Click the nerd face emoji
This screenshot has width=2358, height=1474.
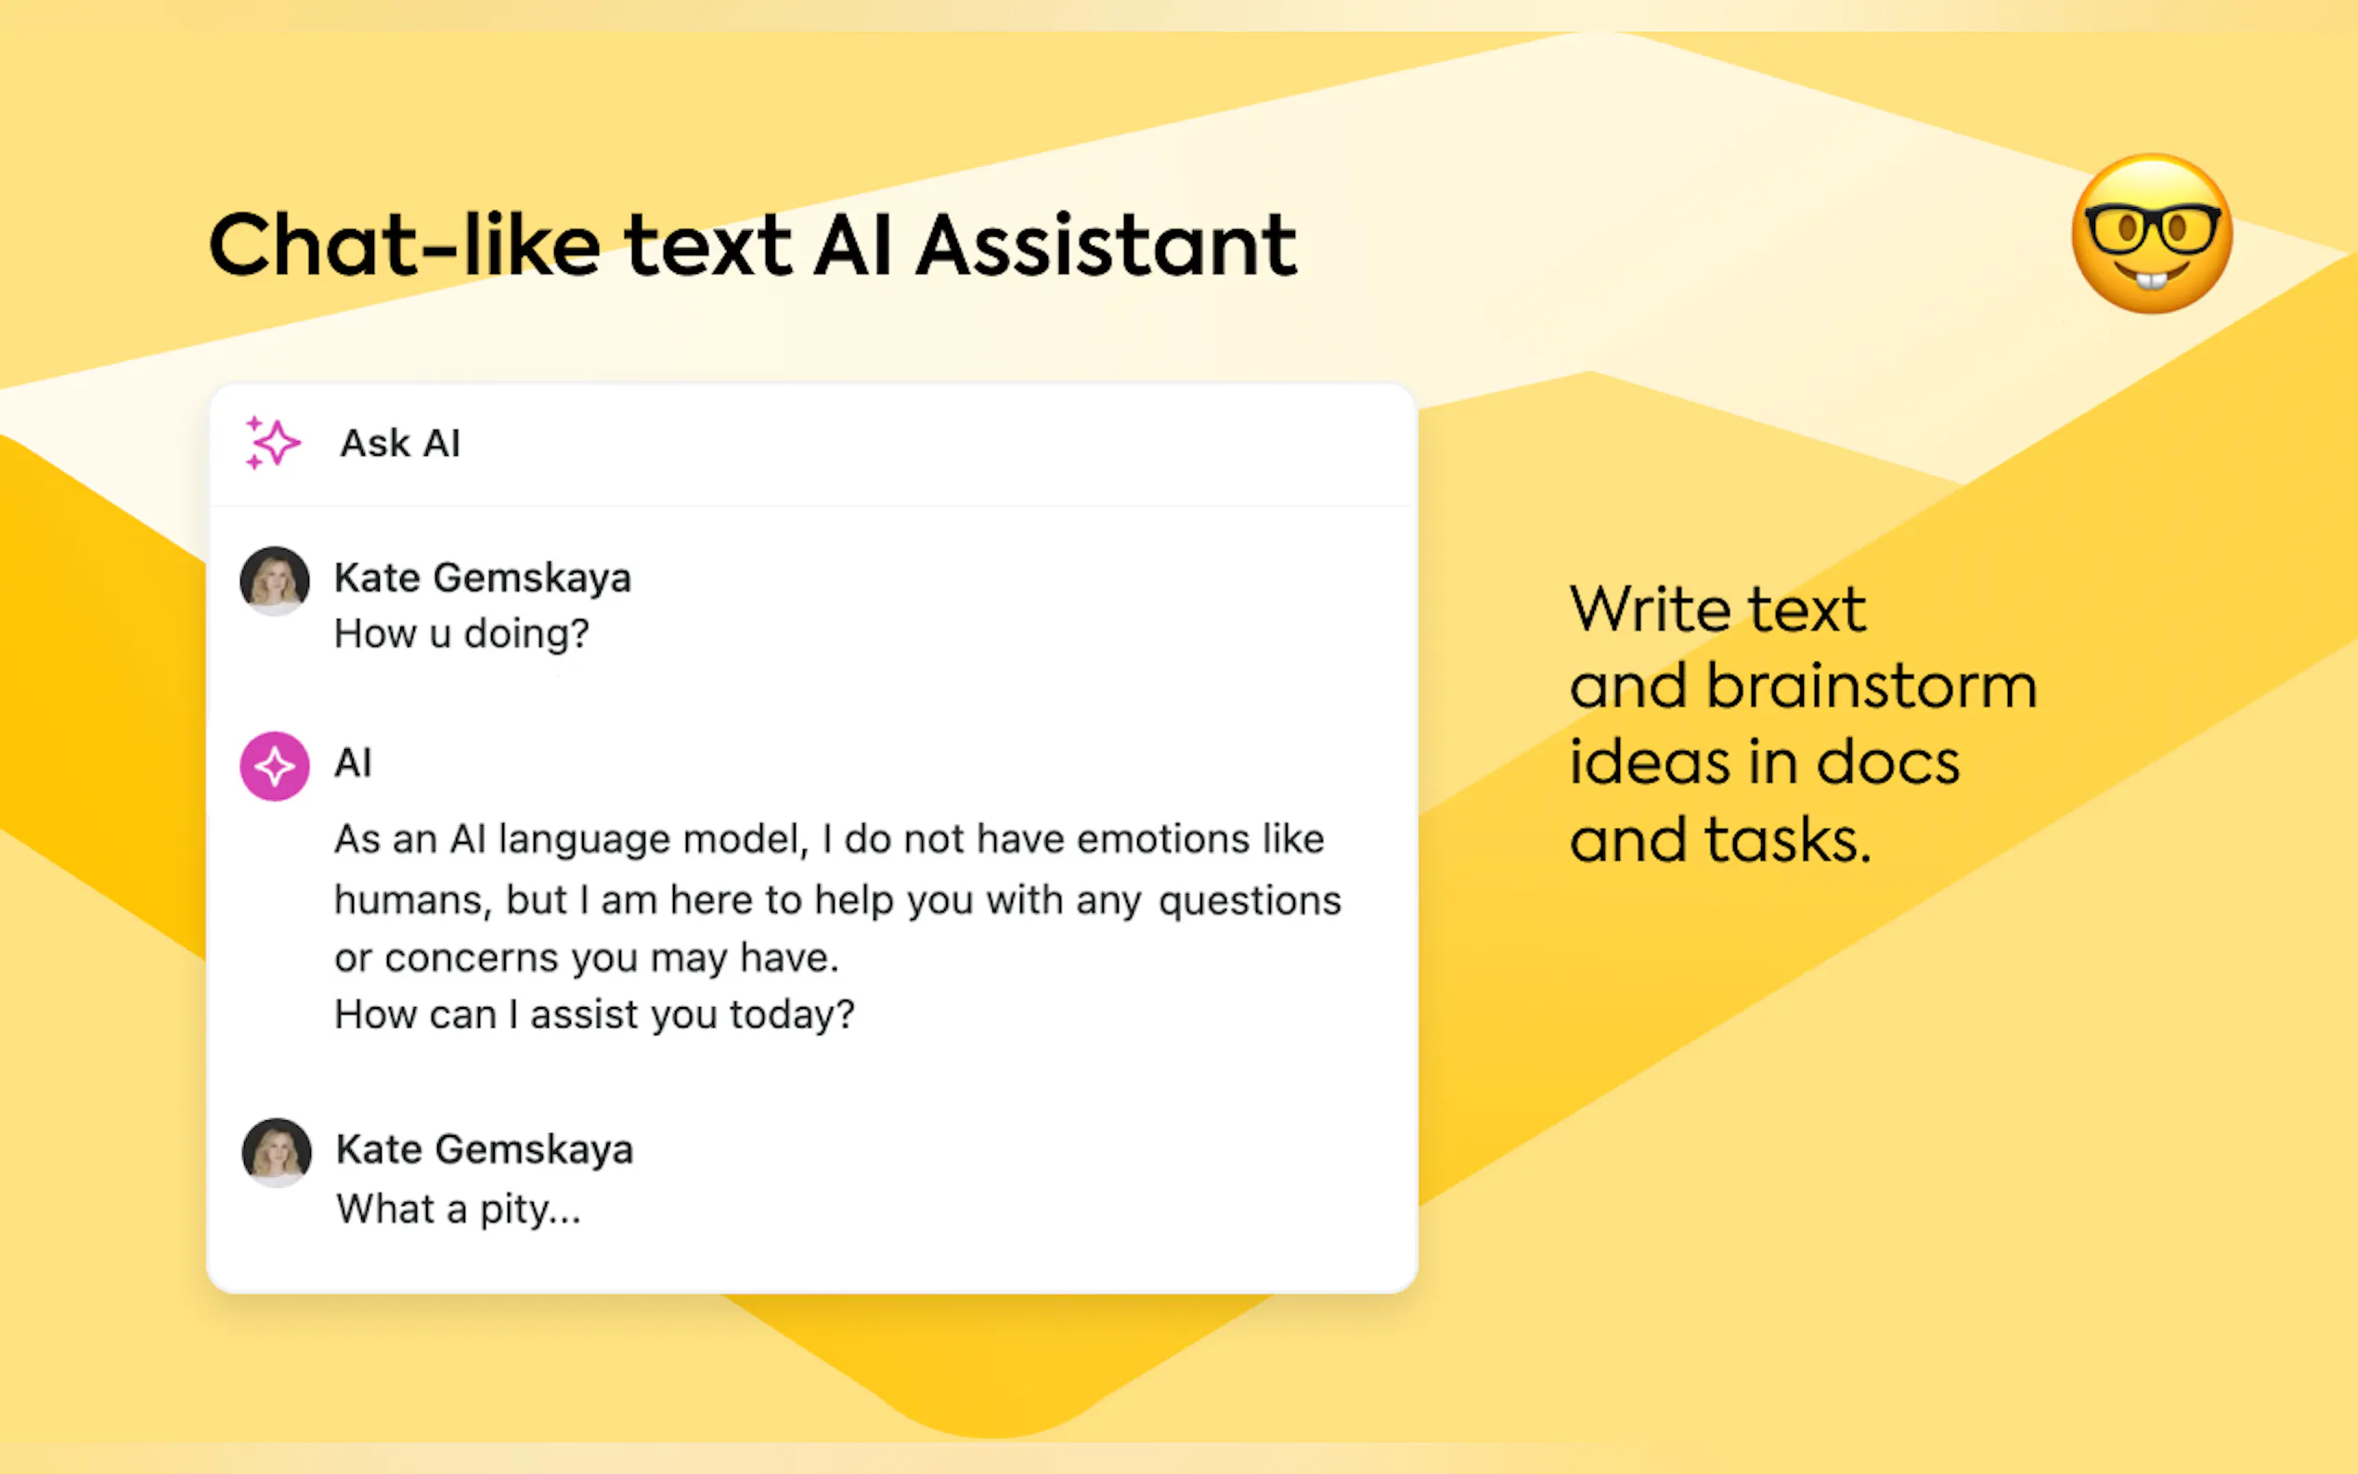pyautogui.click(x=2151, y=234)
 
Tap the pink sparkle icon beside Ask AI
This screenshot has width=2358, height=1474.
pyautogui.click(x=272, y=444)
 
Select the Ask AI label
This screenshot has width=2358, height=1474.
pyautogui.click(x=400, y=444)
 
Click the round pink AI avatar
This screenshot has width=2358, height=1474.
pyautogui.click(x=275, y=767)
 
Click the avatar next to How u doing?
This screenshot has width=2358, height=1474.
pyautogui.click(x=275, y=581)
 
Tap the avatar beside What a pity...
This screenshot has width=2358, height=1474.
pyautogui.click(x=277, y=1152)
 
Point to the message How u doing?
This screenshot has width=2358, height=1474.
pyautogui.click(x=461, y=635)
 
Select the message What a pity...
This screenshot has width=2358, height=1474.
pyautogui.click(x=459, y=1209)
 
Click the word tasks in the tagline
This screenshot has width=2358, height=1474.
pyautogui.click(x=1788, y=840)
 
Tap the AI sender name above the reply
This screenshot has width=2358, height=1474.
pyautogui.click(x=353, y=763)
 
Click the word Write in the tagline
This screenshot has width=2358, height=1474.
pyautogui.click(x=1651, y=609)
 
